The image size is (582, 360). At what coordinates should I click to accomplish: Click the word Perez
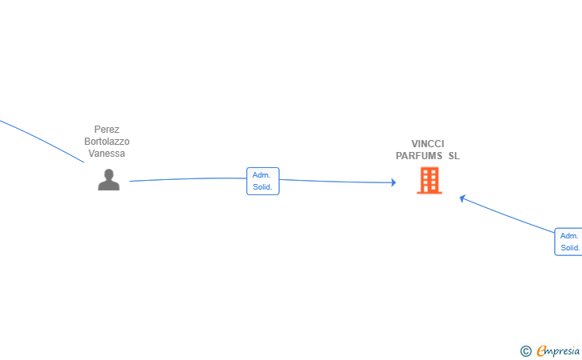tap(106, 130)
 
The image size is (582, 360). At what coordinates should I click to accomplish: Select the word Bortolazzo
tap(106, 142)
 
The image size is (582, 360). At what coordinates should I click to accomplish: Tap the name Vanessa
tap(106, 154)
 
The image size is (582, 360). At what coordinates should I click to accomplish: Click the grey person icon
tap(109, 179)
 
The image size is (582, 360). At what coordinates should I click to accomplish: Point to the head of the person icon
tap(109, 174)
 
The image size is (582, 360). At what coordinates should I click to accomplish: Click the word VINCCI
tap(428, 144)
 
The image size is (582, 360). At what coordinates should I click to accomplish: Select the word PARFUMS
tap(419, 156)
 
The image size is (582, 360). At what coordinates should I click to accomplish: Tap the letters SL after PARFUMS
tap(454, 156)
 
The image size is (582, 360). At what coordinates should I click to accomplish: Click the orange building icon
tap(429, 180)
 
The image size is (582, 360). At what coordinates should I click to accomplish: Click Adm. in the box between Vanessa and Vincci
tap(261, 175)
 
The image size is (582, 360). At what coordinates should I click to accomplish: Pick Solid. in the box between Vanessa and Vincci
tap(262, 187)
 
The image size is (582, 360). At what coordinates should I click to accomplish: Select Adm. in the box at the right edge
tap(569, 236)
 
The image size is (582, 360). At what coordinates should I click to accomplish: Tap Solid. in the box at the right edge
tap(570, 248)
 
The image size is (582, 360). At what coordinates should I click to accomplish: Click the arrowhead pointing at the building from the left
tap(394, 182)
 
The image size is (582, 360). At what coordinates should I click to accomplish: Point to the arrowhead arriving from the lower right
tap(462, 198)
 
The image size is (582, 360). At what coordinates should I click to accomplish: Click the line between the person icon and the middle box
tap(188, 178)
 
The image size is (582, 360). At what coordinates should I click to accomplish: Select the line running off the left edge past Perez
tap(42, 140)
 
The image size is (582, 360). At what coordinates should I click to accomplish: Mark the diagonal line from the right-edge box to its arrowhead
tap(508, 215)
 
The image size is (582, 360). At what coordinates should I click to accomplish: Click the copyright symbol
tap(526, 351)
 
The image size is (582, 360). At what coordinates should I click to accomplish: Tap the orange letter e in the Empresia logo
tap(541, 350)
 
